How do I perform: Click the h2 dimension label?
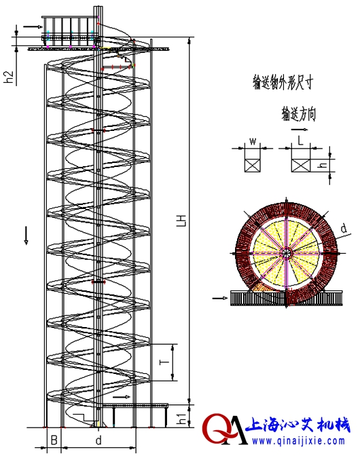pyautogui.click(x=9, y=77)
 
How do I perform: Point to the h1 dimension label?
pyautogui.click(x=181, y=416)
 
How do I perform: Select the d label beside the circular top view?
pyautogui.click(x=344, y=229)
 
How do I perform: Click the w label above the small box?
pyautogui.click(x=252, y=142)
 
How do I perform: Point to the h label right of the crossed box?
pyautogui.click(x=324, y=165)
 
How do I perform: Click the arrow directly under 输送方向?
pyautogui.click(x=298, y=128)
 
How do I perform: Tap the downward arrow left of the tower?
pyautogui.click(x=26, y=235)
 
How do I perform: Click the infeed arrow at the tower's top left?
pyautogui.click(x=31, y=27)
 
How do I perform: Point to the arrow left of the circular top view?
pyautogui.click(x=221, y=297)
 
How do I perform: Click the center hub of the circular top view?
pyautogui.click(x=286, y=254)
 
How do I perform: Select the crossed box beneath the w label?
pyautogui.click(x=252, y=165)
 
